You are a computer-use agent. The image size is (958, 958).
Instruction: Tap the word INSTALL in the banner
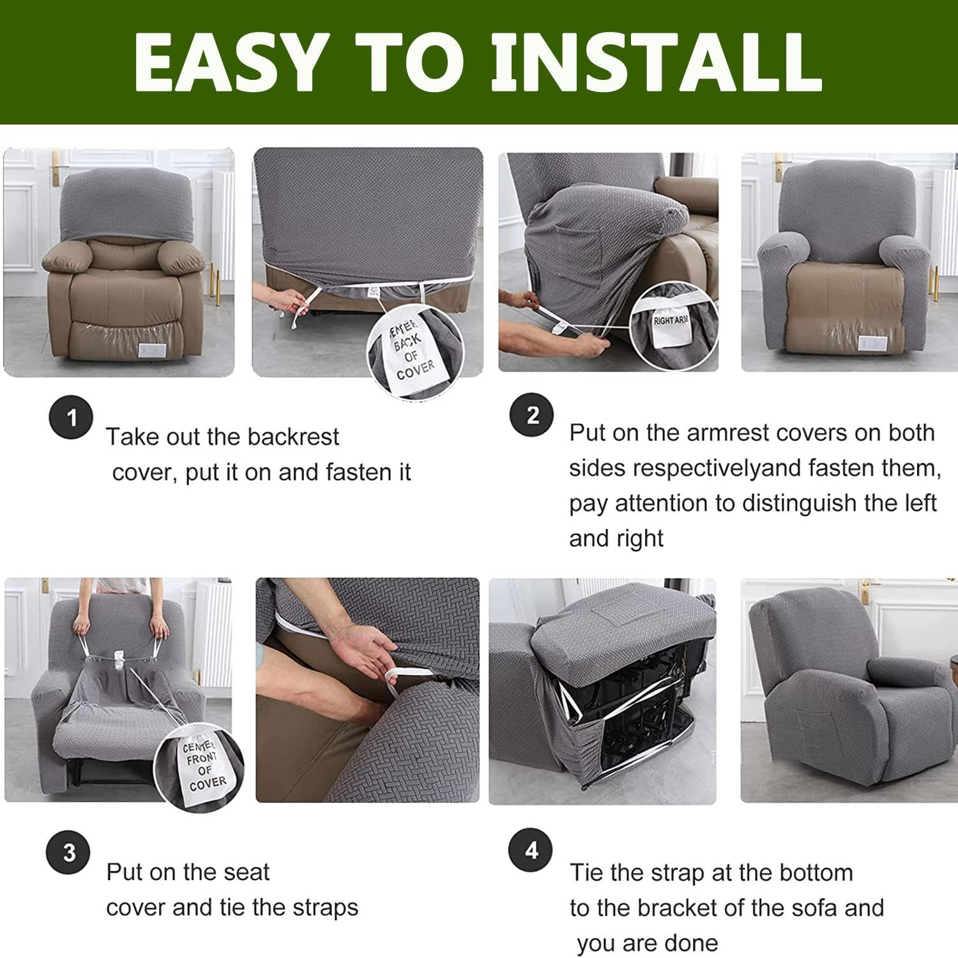point(656,62)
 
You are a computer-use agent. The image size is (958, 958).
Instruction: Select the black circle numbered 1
point(71,418)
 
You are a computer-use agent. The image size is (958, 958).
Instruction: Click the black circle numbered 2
point(531,415)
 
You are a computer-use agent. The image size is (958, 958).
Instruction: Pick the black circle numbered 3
point(69,853)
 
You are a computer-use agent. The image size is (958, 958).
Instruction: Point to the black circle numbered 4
point(530,851)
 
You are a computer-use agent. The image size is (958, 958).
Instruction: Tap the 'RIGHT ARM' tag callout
point(671,326)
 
